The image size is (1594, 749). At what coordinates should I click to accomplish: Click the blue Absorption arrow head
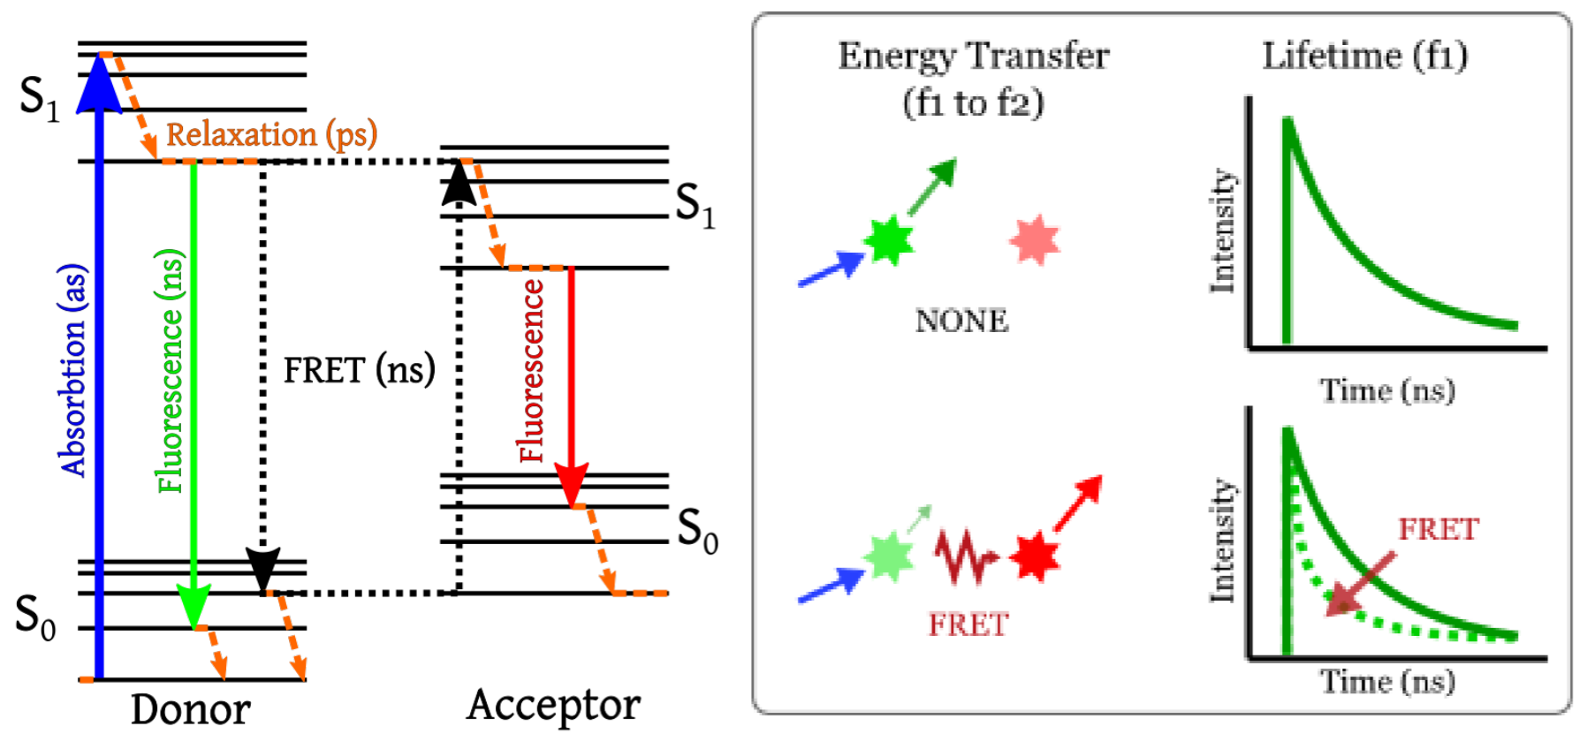99,85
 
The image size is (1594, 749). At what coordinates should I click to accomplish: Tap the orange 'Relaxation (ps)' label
271,134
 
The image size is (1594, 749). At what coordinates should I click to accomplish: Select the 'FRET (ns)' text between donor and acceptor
359,370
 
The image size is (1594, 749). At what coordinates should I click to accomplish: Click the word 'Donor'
190,709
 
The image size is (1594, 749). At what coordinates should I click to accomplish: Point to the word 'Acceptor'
553,706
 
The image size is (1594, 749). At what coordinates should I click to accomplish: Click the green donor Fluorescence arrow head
194,607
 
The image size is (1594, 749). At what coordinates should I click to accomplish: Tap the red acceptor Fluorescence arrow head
571,486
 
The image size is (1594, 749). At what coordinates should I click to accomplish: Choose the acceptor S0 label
697,531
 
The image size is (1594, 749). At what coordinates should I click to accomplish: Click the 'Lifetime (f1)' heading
1364,57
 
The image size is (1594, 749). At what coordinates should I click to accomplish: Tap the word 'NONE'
961,321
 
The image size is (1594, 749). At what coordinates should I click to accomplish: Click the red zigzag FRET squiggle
964,556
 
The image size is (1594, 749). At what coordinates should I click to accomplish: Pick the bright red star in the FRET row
1034,556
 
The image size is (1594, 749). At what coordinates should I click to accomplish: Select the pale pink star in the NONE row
1034,240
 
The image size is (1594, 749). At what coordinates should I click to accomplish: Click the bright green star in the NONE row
888,239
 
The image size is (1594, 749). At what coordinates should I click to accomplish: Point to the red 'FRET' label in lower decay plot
1438,529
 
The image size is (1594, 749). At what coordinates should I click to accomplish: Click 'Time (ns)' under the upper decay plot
1386,390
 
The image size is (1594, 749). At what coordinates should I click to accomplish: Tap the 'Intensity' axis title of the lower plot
1222,541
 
